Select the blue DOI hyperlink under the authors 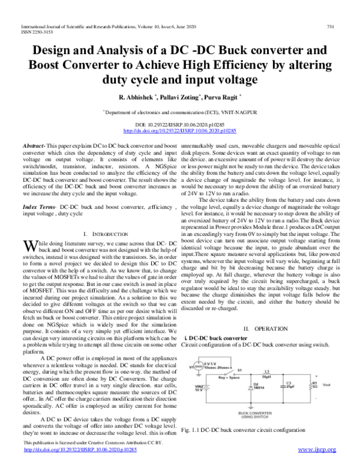coord(179,130)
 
